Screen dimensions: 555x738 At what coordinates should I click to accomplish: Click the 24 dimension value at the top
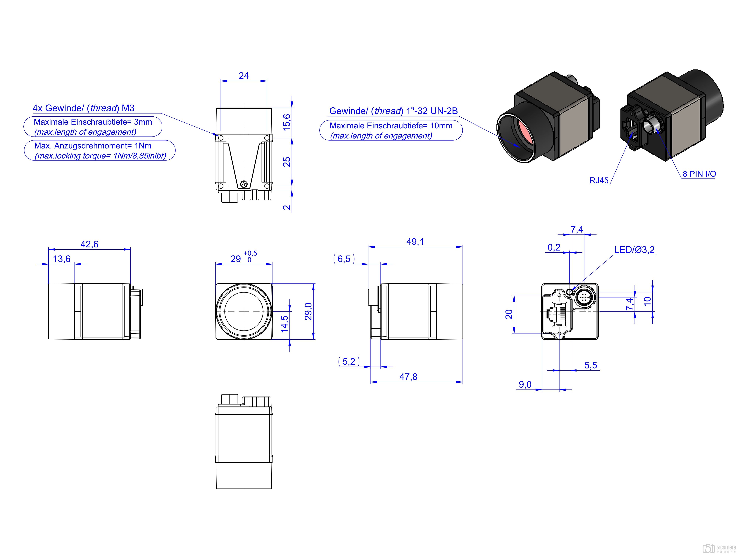pos(244,76)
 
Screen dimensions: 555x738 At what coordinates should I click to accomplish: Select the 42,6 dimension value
pos(89,244)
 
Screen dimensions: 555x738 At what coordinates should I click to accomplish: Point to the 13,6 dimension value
pos(62,259)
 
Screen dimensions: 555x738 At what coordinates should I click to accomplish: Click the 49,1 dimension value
pos(415,242)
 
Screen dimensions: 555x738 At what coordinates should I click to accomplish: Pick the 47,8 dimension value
pos(408,377)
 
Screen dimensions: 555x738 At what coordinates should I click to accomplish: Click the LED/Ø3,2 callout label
pos(634,250)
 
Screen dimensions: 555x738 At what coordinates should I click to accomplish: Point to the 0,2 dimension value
pos(554,247)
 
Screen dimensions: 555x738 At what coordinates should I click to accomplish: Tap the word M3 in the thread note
pos(128,108)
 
